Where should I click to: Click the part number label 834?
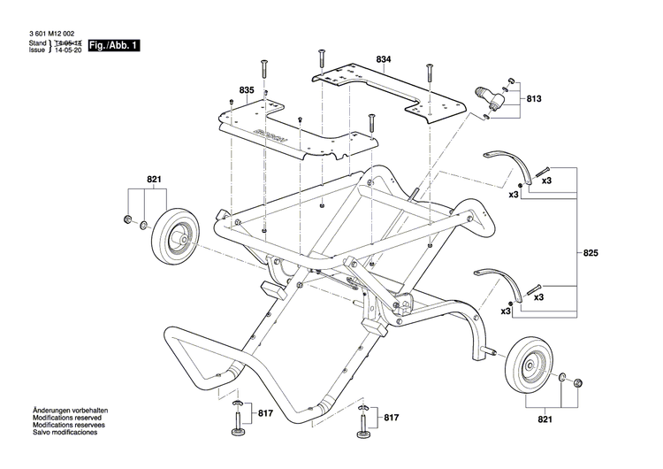click(x=383, y=59)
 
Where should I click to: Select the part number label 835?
click(x=246, y=90)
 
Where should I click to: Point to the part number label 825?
click(x=591, y=253)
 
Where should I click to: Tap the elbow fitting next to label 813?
click(x=487, y=97)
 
